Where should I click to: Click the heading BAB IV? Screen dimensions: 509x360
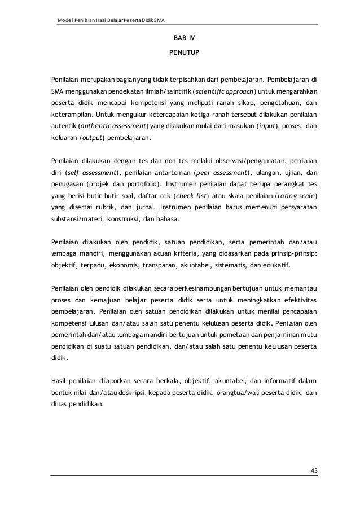tap(183, 40)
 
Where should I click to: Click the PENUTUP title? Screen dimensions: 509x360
tap(183, 55)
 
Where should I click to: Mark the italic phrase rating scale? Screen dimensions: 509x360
tap(295, 196)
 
